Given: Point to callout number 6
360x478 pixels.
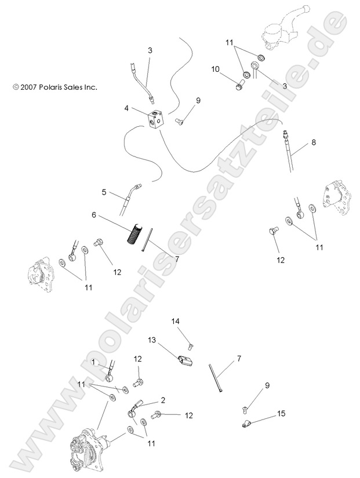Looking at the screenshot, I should [93, 215].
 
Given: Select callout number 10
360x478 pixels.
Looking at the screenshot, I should [215, 69].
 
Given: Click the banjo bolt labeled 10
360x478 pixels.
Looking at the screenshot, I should [238, 87].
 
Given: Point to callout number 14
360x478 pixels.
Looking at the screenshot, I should [176, 320].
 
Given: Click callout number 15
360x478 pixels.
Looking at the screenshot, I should [282, 414].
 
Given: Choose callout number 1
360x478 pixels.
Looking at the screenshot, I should [93, 362].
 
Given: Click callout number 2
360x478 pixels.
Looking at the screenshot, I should [163, 400].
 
